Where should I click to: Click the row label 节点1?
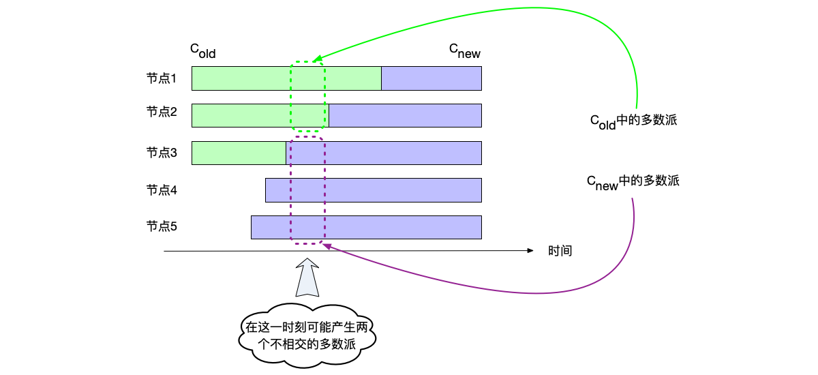(162, 78)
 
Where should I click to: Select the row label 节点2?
(162, 111)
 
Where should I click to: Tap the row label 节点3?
(162, 153)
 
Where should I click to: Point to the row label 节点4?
(162, 190)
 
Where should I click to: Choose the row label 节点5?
(162, 226)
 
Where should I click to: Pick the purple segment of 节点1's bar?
(431, 78)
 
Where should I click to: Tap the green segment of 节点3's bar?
(239, 153)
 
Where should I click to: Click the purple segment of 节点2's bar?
(405, 115)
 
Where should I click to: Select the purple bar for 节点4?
(374, 190)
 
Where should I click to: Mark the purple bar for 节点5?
(366, 227)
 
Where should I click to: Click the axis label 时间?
(560, 251)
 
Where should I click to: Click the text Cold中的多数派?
(633, 121)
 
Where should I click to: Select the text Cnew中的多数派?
(633, 182)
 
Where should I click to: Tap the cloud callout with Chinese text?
(307, 335)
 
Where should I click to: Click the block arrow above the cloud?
(307, 277)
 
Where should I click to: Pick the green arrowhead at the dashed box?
(316, 60)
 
